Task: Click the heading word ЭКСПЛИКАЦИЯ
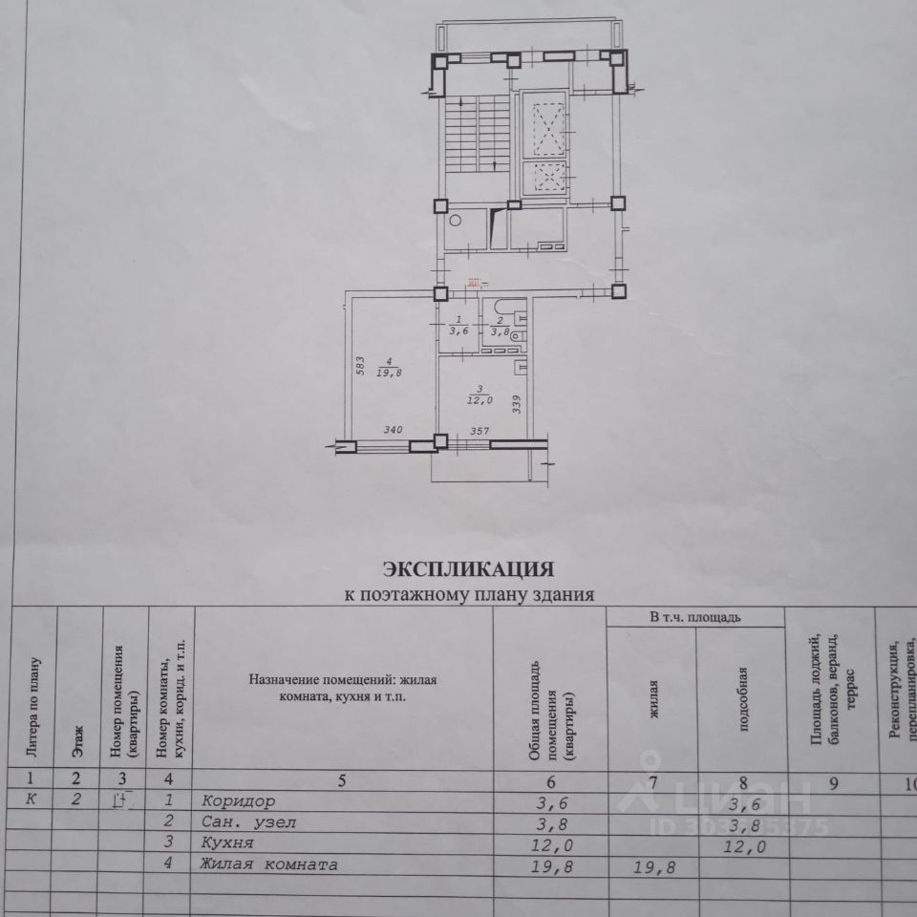pos(468,570)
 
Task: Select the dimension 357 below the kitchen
pos(480,432)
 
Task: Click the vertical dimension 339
pos(517,405)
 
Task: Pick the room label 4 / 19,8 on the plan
pos(388,368)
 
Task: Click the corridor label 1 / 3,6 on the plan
pos(458,327)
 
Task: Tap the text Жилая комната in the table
pos(268,865)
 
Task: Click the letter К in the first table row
pos(32,800)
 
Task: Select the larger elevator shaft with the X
pos(549,129)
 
